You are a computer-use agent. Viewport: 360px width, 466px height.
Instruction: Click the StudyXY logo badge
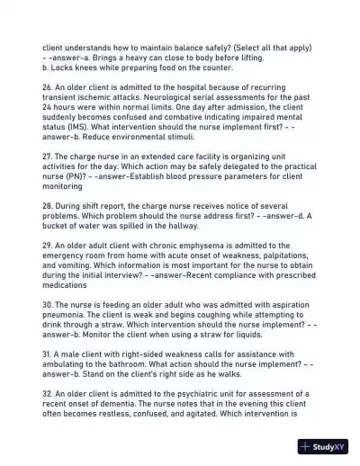click(322, 446)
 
